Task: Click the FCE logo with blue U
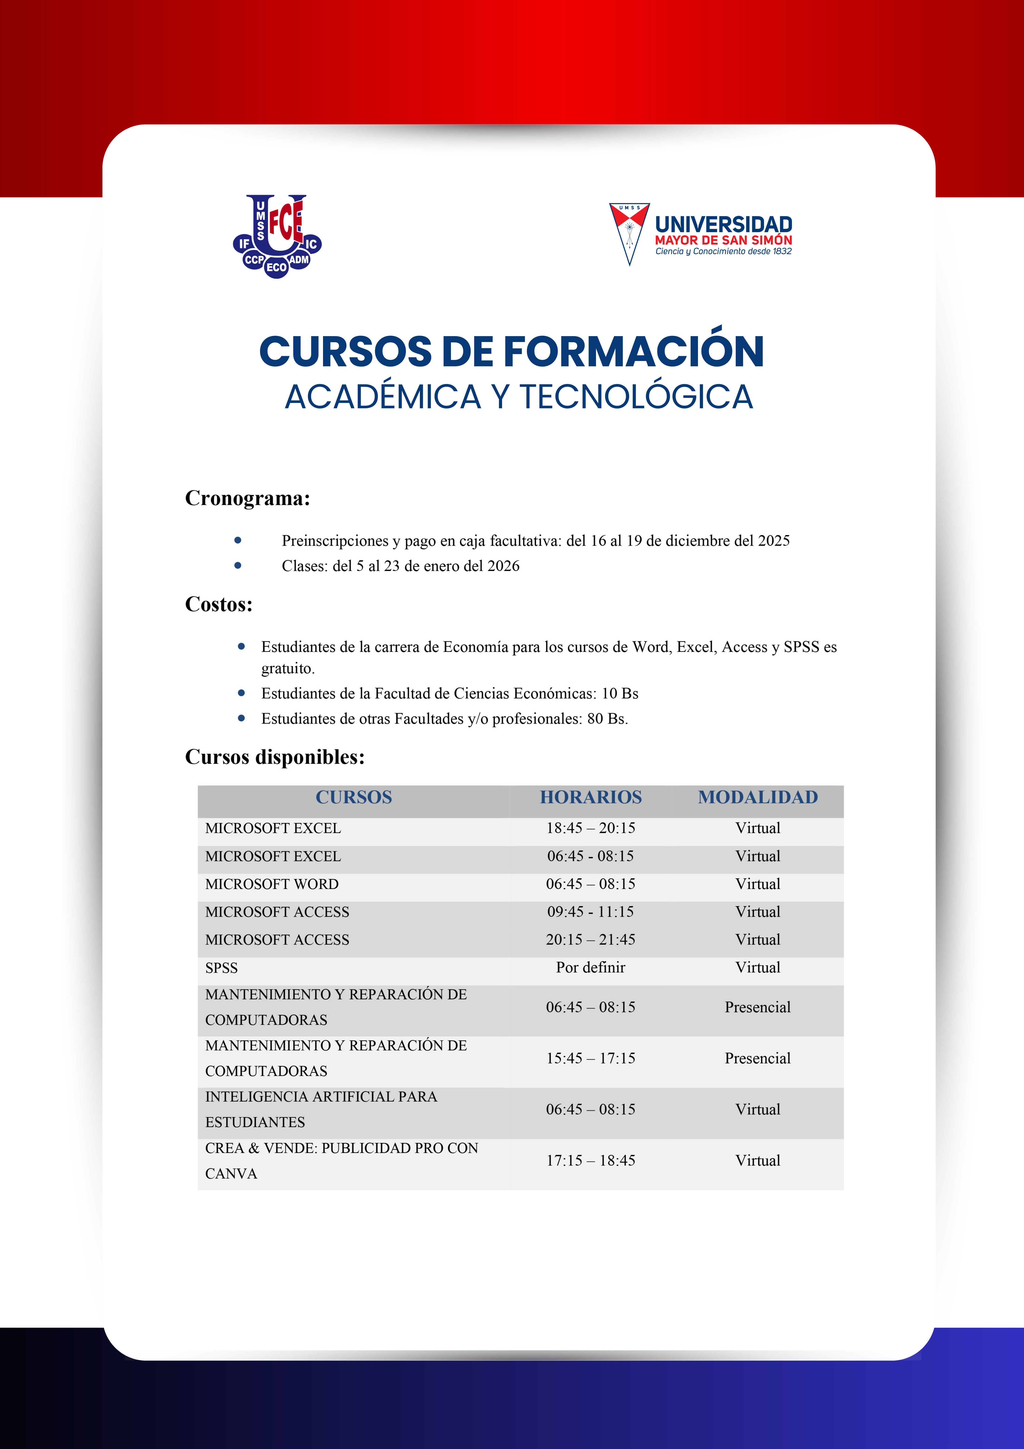[277, 236]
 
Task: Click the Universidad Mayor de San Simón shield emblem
[629, 233]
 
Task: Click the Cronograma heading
[247, 498]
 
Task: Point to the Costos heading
[218, 604]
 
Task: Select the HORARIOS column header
[590, 797]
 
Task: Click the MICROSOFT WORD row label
[272, 884]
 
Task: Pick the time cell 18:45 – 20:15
[590, 828]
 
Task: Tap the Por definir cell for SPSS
[590, 967]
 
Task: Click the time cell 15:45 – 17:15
[590, 1058]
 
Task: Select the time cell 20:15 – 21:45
[590, 940]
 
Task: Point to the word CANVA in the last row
[231, 1174]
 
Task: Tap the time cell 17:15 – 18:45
[590, 1161]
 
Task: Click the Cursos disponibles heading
[274, 757]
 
